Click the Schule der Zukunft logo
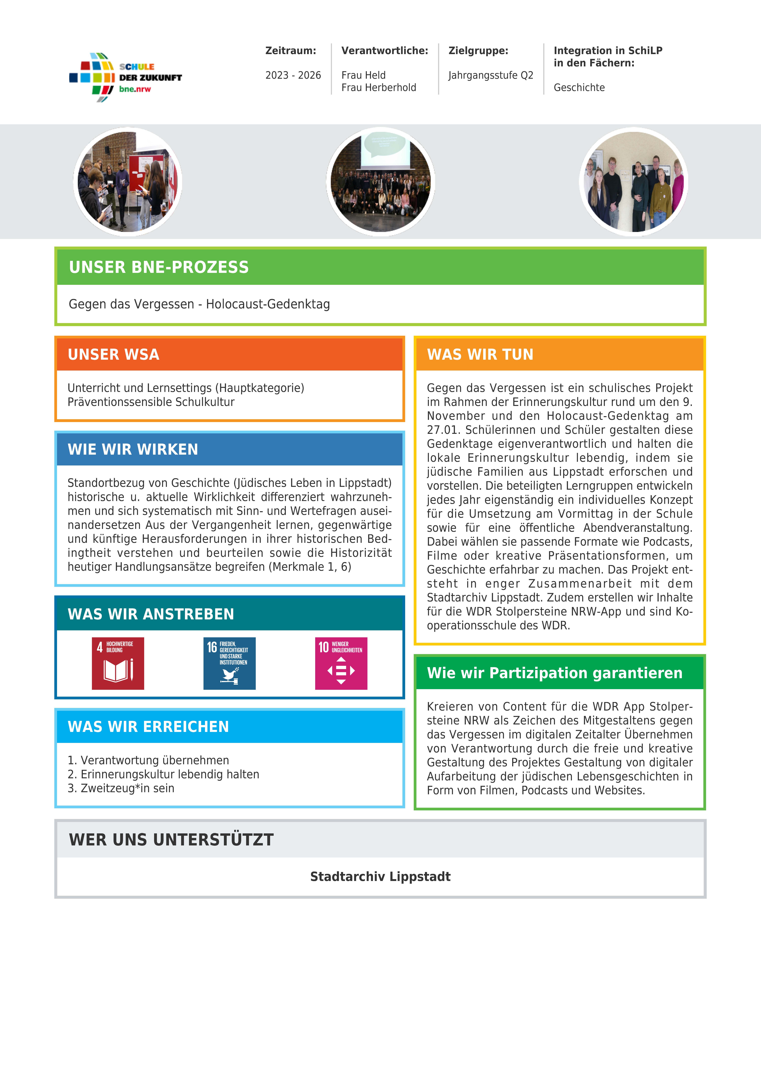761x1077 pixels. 125,77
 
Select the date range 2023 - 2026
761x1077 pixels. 293,75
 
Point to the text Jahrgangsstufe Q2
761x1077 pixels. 491,75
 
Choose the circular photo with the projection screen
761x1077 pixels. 380,182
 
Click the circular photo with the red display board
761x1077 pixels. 127,182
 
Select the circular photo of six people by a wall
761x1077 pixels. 634,182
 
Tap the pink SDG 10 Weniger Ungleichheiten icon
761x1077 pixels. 341,663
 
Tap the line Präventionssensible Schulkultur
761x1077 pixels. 151,402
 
